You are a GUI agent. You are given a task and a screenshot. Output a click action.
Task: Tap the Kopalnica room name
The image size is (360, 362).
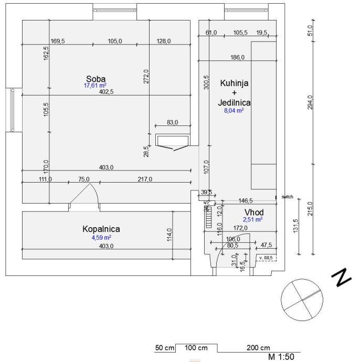[101, 229]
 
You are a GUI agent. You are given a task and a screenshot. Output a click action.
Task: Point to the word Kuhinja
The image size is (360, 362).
[234, 83]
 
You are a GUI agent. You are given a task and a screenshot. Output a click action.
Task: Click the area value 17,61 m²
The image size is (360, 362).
[96, 86]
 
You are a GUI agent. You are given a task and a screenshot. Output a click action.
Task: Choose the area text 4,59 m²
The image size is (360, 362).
[101, 237]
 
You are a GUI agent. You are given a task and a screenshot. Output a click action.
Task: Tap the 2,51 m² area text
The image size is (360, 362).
[252, 220]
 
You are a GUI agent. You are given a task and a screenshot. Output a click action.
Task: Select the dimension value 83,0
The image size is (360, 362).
[172, 122]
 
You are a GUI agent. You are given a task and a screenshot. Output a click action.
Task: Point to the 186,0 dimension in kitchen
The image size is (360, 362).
[237, 57]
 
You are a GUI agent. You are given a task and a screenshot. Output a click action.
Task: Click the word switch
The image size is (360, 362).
[287, 197]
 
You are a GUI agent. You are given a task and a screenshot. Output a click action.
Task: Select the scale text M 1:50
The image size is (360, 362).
[282, 357]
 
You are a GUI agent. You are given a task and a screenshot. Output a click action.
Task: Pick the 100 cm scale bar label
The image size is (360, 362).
[196, 348]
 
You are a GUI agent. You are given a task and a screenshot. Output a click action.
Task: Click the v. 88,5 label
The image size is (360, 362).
[267, 258]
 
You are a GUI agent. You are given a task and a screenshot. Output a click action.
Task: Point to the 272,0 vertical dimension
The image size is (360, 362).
[147, 77]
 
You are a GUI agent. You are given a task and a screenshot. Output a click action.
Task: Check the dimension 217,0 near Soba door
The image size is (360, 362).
[144, 179]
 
